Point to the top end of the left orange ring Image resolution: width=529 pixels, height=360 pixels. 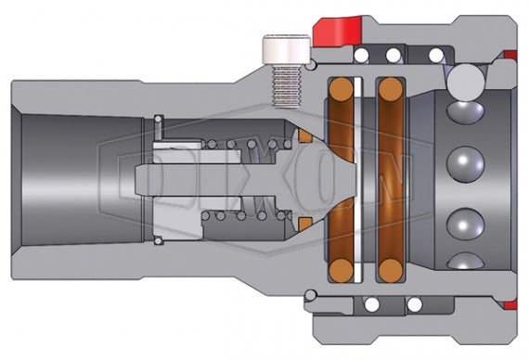tap(342, 89)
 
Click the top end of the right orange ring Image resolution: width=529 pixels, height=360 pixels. tap(389, 89)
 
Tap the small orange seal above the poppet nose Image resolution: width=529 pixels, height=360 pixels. tap(304, 137)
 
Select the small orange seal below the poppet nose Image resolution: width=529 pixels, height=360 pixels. tap(304, 224)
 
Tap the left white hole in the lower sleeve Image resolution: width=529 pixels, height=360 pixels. tap(371, 304)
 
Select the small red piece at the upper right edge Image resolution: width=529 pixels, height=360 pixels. tap(509, 57)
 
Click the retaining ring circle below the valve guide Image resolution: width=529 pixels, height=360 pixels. tap(159, 242)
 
